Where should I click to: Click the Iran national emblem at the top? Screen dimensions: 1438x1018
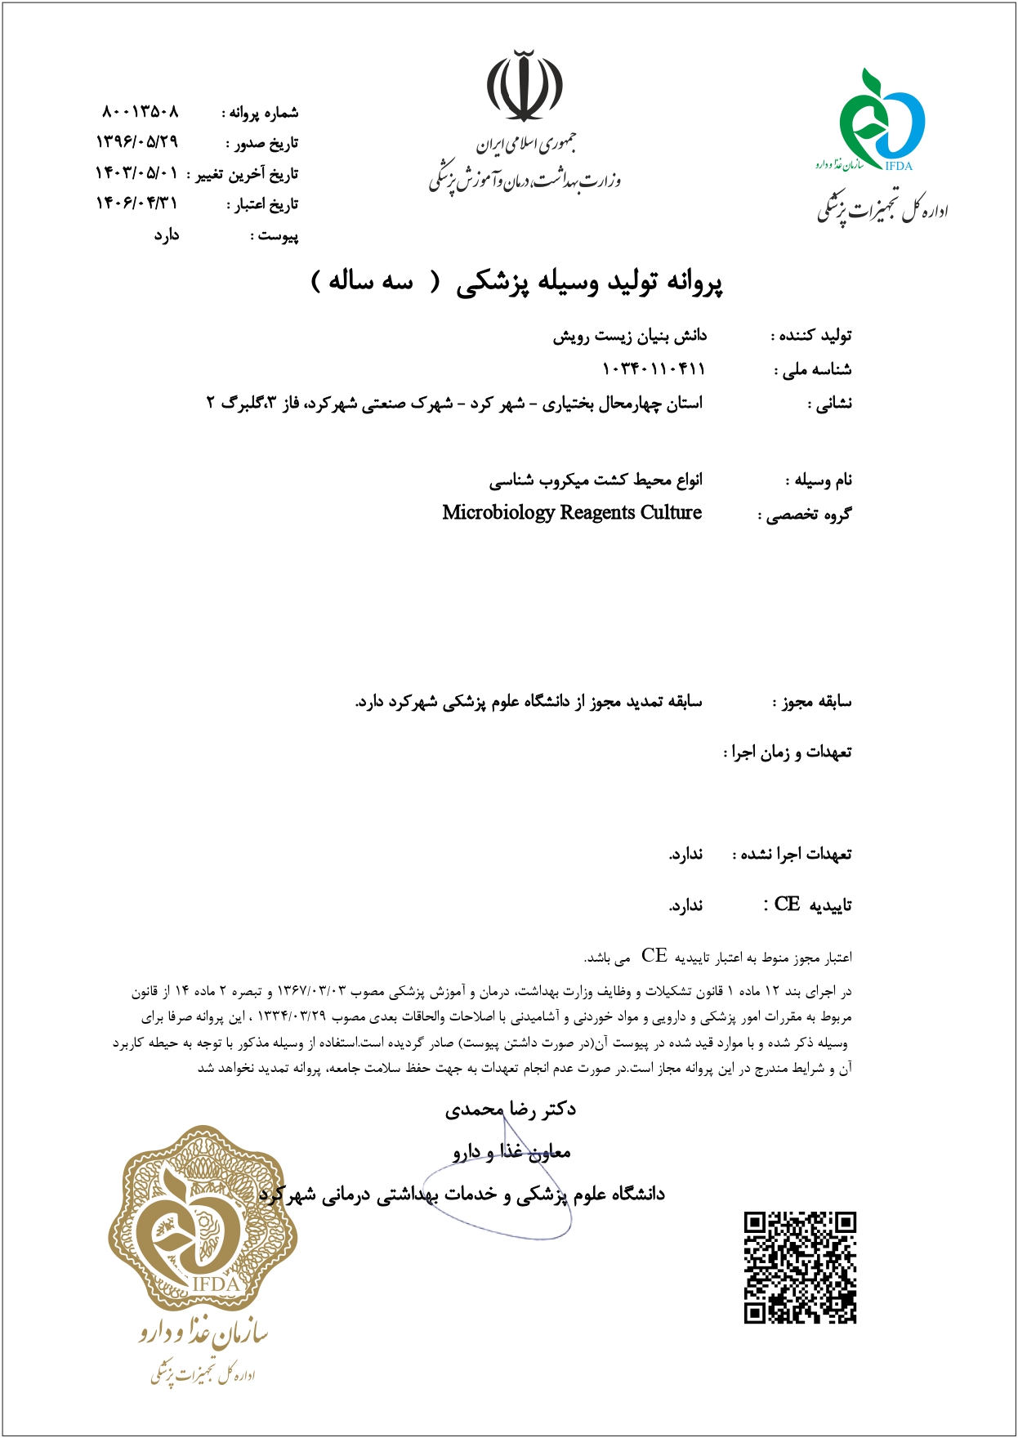pos(525,86)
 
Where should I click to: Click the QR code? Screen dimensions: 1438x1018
pos(800,1268)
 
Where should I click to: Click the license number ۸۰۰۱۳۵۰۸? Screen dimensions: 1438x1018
pos(141,111)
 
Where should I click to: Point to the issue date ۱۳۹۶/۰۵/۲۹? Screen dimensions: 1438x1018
pos(137,141)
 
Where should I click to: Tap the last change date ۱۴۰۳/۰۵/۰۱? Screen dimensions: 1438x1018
pos(136,172)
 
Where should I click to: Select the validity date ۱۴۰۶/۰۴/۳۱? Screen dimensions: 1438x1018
pos(136,203)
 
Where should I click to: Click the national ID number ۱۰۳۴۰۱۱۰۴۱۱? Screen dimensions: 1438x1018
pos(653,368)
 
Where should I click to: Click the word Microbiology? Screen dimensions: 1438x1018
pos(498,512)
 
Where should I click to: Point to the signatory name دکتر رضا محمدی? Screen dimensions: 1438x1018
pos(511,1109)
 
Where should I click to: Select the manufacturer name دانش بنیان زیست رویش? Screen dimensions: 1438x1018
pos(629,336)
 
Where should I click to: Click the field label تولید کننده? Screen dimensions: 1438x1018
pos(812,336)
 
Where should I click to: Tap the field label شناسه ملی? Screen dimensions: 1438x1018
pos(814,370)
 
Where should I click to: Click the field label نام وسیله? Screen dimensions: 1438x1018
pos(819,480)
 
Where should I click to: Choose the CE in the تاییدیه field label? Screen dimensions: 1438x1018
pos(787,904)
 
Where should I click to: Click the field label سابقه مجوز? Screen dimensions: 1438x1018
pos(813,701)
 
